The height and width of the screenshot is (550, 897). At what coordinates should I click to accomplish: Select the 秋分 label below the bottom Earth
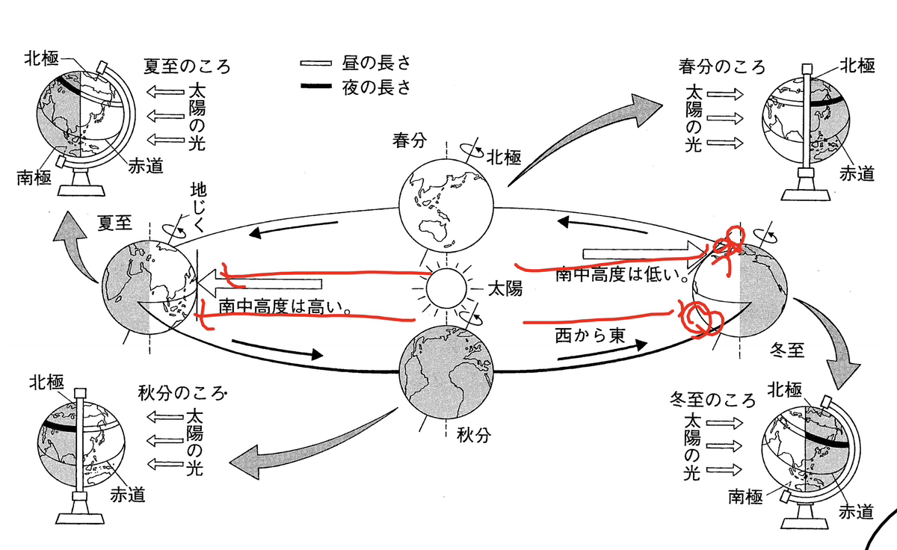click(x=472, y=434)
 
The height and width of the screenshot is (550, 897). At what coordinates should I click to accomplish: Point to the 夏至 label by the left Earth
click(x=115, y=223)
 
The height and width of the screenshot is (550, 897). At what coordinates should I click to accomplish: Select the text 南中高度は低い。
click(x=621, y=274)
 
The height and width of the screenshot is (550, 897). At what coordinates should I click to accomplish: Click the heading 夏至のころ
click(x=186, y=66)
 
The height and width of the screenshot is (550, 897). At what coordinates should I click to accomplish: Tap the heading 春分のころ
click(x=722, y=65)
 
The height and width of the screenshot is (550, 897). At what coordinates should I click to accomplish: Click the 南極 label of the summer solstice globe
click(x=34, y=179)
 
